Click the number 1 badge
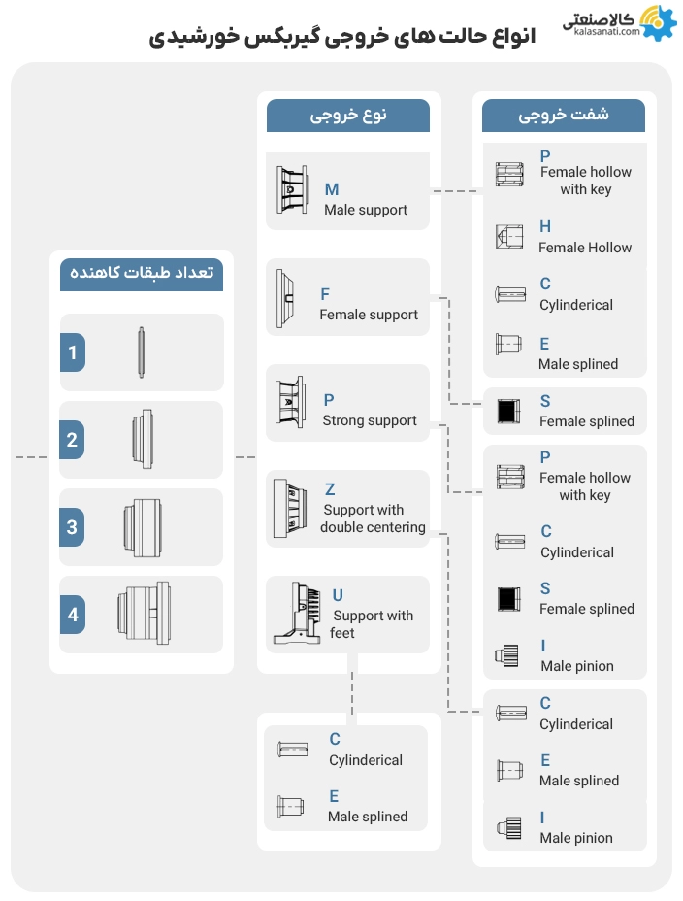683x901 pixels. click(73, 352)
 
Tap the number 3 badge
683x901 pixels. click(73, 528)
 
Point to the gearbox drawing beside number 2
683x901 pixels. click(141, 440)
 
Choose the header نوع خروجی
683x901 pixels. click(348, 115)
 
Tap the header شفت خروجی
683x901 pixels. click(564, 115)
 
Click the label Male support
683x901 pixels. click(366, 210)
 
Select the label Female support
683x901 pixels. click(369, 315)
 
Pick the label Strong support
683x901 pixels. click(370, 420)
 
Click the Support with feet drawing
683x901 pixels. click(299, 614)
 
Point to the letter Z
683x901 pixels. click(330, 489)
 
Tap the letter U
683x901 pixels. click(338, 595)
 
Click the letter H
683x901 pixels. click(545, 227)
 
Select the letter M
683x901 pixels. click(332, 190)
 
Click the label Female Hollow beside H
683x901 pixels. click(585, 248)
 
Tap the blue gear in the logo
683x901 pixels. click(660, 22)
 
